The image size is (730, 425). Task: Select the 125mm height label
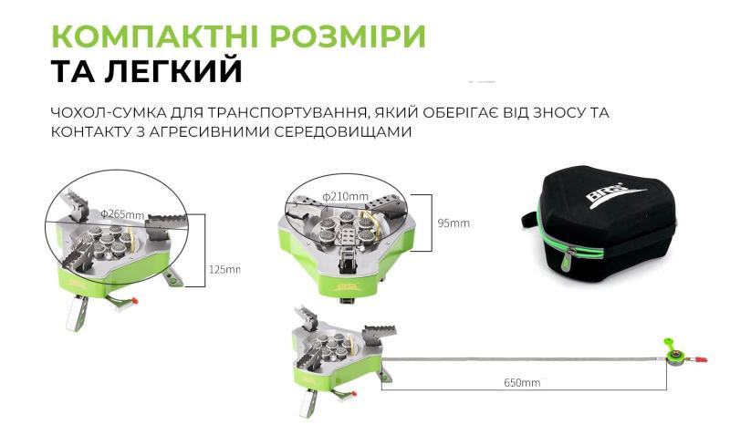(x=224, y=269)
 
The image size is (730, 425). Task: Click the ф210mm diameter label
(x=346, y=195)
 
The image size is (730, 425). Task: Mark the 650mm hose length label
(x=521, y=382)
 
